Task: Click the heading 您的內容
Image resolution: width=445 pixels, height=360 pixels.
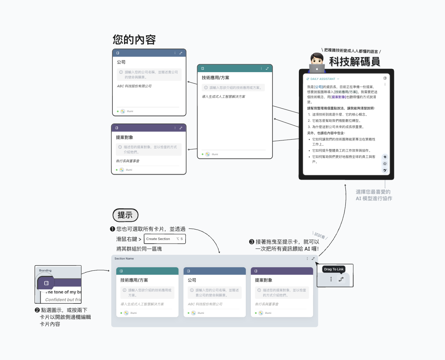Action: [134, 40]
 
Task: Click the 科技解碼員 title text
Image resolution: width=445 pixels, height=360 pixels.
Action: [354, 61]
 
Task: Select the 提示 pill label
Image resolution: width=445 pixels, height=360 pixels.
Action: [125, 215]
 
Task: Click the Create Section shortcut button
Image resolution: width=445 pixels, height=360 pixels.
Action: [165, 239]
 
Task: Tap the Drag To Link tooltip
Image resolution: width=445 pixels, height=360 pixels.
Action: [333, 269]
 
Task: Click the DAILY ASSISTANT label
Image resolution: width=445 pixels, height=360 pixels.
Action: [323, 79]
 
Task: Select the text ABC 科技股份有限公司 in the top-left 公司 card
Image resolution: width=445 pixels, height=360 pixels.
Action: [134, 86]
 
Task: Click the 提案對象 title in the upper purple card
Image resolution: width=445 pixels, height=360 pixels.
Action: [124, 137]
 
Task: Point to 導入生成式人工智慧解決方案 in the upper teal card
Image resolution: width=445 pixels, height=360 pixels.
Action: [223, 97]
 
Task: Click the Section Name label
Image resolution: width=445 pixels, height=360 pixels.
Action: [124, 258]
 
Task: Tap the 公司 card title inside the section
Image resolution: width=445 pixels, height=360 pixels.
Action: [192, 280]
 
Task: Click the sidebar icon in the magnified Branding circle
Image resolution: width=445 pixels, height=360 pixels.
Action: [46, 283]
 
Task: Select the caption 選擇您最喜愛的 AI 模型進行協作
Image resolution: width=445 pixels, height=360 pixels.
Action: [374, 195]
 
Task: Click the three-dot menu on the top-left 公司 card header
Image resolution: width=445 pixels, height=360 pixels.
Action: [175, 53]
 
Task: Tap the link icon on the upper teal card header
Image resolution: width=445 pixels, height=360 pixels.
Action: [267, 68]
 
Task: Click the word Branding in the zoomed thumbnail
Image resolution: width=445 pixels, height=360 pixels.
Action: [45, 270]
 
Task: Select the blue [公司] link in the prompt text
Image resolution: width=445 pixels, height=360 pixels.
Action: [318, 87]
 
